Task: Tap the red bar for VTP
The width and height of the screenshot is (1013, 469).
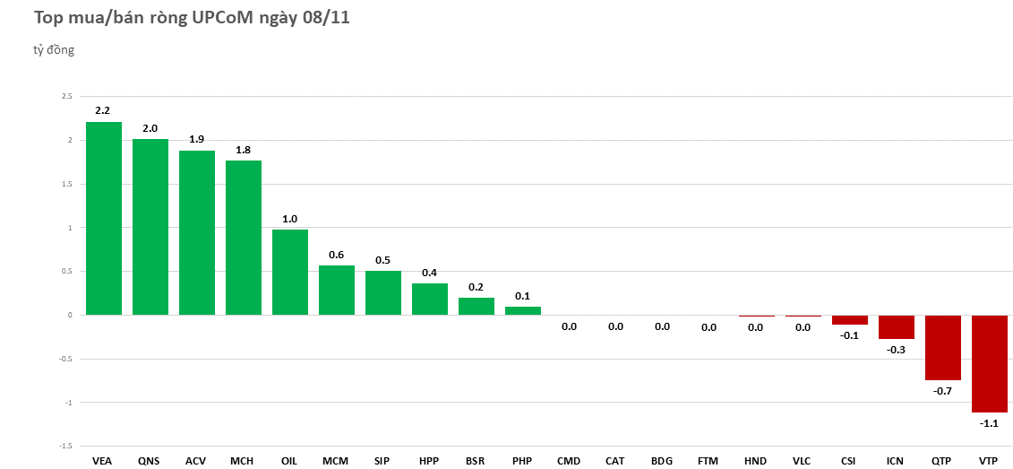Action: [989, 363]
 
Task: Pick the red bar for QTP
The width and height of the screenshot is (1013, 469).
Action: [942, 347]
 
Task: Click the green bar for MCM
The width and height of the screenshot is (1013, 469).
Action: [337, 290]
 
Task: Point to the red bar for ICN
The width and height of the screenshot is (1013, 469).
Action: [896, 326]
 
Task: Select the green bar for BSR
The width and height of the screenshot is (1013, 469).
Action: [476, 306]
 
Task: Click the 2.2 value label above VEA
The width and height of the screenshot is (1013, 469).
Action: [103, 110]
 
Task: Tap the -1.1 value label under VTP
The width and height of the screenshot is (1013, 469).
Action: [989, 423]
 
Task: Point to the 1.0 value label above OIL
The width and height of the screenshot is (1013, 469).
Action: [289, 219]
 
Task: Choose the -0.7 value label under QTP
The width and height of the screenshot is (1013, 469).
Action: [942, 391]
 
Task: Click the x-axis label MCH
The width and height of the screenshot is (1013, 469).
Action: [242, 461]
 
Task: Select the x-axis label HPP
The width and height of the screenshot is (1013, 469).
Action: [429, 461]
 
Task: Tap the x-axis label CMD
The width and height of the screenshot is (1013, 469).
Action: [569, 461]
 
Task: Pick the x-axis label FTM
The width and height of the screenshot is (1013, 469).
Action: [708, 461]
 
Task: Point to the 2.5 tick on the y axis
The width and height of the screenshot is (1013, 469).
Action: [66, 96]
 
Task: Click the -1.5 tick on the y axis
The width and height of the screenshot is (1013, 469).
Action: [64, 446]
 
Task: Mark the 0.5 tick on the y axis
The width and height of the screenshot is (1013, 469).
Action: [66, 271]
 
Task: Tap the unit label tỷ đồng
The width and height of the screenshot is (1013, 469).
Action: [54, 50]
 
